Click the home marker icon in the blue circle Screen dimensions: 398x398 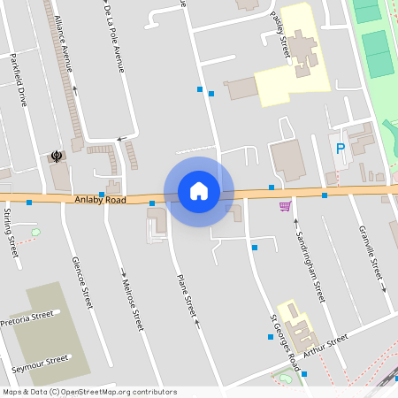(199, 191)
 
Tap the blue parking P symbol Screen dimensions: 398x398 (341, 149)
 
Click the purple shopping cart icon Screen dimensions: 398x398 (284, 206)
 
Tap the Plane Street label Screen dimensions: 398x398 (185, 295)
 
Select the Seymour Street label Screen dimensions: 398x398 (39, 363)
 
